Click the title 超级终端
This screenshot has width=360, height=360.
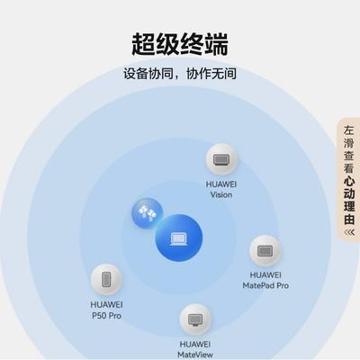click(x=180, y=44)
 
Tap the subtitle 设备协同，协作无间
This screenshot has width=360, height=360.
click(x=180, y=74)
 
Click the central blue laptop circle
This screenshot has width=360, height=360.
click(x=179, y=238)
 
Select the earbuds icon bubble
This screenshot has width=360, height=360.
click(x=147, y=213)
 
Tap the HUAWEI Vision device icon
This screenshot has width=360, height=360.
click(x=221, y=159)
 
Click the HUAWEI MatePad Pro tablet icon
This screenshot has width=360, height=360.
click(x=265, y=251)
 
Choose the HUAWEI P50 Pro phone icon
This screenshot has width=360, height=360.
click(x=106, y=280)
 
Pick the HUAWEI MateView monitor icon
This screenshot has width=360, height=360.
click(x=195, y=319)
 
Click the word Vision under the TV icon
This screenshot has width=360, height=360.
click(x=221, y=194)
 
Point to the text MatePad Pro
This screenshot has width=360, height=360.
click(x=265, y=285)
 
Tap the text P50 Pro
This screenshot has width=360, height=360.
click(x=106, y=316)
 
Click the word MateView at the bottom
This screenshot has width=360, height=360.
click(x=195, y=355)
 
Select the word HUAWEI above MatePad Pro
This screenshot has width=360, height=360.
click(x=265, y=274)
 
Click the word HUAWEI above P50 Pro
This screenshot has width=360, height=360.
click(x=106, y=304)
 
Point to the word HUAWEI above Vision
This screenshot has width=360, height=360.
click(x=221, y=184)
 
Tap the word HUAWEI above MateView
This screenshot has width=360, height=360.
click(x=195, y=344)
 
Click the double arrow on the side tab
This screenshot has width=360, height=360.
click(x=349, y=232)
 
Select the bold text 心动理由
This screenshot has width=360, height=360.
click(x=349, y=201)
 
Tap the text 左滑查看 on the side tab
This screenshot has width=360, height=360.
click(x=349, y=149)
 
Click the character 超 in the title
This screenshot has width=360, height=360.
click(x=143, y=44)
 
